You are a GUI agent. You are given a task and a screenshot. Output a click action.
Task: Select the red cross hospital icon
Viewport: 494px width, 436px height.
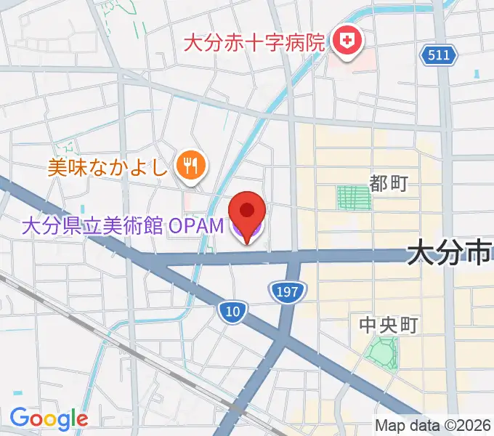(346, 42)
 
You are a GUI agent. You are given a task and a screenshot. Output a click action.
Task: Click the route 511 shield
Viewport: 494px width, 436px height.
(438, 56)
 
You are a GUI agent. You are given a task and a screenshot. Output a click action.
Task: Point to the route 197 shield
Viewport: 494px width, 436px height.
(287, 292)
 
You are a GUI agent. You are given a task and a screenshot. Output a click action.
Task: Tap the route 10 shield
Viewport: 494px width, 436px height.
(232, 312)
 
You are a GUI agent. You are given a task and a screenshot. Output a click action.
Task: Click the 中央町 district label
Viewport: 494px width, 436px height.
(389, 325)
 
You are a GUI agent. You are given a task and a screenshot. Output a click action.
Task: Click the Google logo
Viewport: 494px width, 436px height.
(48, 418)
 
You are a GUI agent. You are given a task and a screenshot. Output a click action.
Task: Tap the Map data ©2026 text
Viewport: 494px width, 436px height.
(434, 425)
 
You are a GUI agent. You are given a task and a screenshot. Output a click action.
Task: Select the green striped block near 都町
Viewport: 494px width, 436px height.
(354, 198)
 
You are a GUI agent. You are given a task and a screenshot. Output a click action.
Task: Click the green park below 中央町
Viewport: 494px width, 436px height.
(381, 354)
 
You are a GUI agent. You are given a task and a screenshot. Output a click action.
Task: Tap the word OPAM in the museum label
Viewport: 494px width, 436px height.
(197, 226)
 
